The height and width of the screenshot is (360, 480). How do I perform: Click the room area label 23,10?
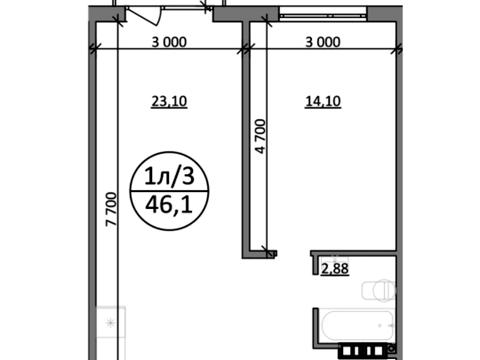(169, 101)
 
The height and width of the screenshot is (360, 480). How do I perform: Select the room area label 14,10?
(323, 101)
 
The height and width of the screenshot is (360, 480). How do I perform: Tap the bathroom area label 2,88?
(335, 269)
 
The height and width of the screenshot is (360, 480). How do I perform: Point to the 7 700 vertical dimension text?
(111, 209)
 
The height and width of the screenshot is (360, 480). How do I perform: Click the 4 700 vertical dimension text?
(261, 136)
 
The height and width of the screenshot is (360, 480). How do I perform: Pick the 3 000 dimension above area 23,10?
(169, 42)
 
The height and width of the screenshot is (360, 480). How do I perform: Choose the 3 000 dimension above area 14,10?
(323, 42)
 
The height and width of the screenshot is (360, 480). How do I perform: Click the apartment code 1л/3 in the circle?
(169, 176)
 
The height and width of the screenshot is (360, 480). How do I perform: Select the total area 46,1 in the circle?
(169, 205)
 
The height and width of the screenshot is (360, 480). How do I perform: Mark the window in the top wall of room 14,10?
(323, 15)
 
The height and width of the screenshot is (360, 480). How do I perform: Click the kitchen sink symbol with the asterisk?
(111, 323)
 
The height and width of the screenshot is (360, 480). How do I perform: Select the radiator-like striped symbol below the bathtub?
(366, 351)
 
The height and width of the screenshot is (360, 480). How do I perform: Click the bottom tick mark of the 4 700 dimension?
(266, 250)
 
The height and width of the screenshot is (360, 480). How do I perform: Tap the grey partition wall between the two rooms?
(246, 138)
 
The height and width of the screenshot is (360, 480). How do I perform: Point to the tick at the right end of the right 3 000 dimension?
(397, 50)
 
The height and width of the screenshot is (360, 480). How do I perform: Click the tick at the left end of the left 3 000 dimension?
(93, 50)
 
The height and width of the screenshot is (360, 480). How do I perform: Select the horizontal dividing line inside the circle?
(169, 191)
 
